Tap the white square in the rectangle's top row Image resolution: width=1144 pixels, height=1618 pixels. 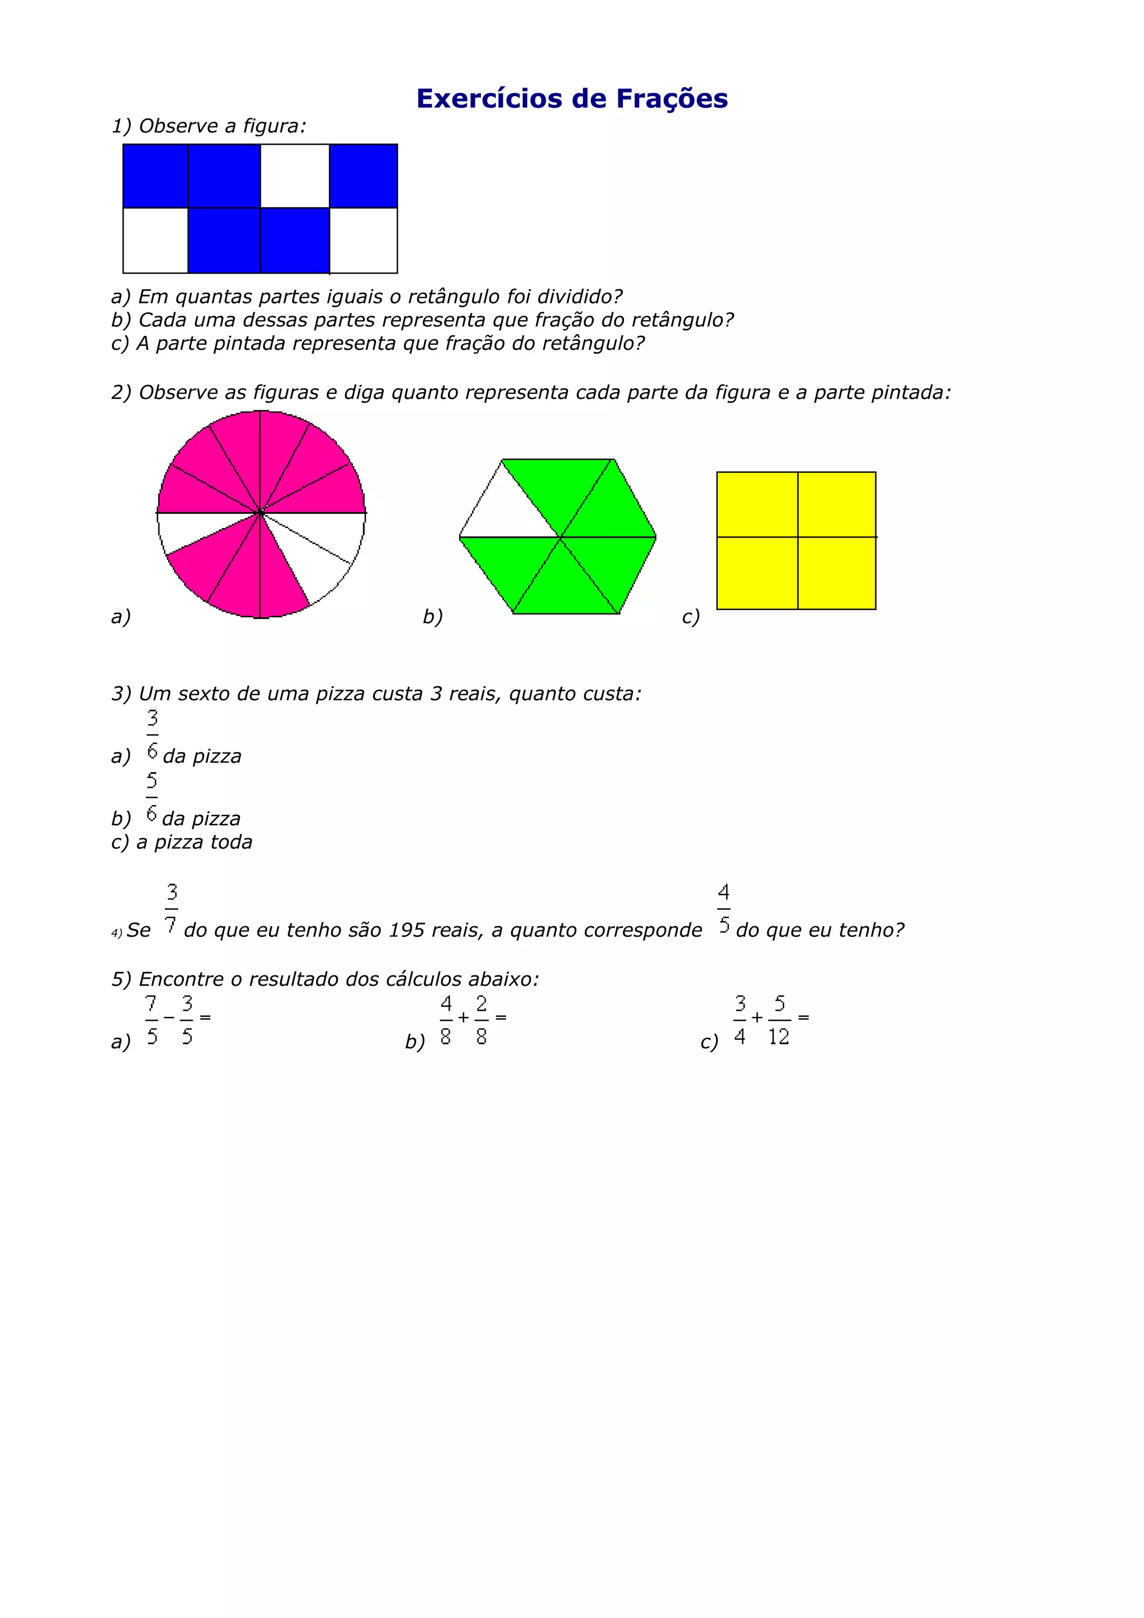tap(294, 175)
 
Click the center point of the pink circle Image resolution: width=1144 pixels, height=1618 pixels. tap(261, 513)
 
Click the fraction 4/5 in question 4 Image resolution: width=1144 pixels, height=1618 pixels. tap(723, 909)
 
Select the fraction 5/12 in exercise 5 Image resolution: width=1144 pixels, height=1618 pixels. tap(779, 1020)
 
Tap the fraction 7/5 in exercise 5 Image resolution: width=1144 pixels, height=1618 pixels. tap(151, 1020)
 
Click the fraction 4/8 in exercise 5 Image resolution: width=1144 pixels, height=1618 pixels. tap(446, 1020)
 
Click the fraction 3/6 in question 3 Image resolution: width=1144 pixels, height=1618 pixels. tap(152, 734)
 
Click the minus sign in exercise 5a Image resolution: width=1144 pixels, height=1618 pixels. tap(169, 1017)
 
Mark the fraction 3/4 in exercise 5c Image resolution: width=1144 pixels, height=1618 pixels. tap(740, 1020)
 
